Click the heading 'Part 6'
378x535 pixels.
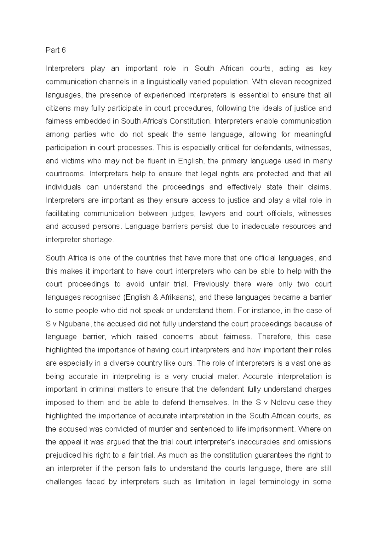(55, 50)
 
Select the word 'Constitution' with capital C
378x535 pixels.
(189, 121)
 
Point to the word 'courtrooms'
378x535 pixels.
(65, 174)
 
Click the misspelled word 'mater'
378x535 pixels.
(226, 376)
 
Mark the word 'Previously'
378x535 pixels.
(211, 284)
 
